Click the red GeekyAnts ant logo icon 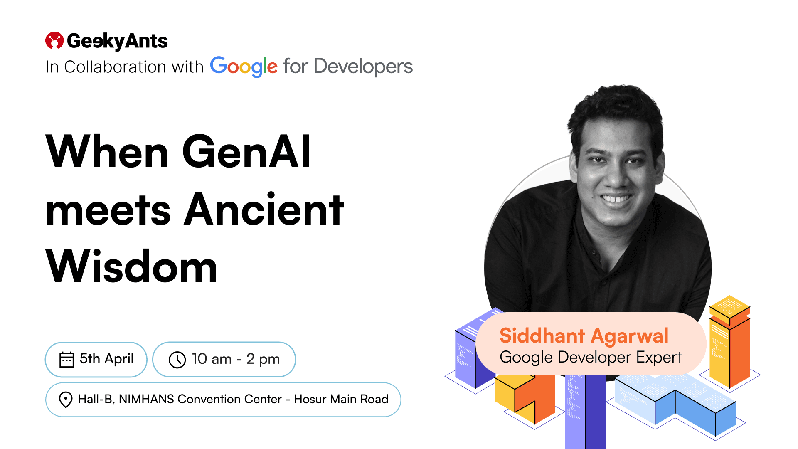[x=54, y=40]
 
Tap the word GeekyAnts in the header [x=117, y=41]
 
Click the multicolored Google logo [x=244, y=67]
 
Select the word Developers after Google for [x=363, y=67]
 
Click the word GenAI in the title [x=246, y=152]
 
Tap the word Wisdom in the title [x=131, y=266]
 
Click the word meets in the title [x=108, y=211]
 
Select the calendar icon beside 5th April [x=66, y=359]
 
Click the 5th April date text [x=107, y=358]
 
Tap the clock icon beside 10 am [x=177, y=360]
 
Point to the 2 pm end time [x=263, y=359]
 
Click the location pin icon [x=66, y=400]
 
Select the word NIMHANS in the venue [x=146, y=399]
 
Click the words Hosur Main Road [x=341, y=399]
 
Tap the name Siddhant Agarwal [x=584, y=336]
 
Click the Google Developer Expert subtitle [x=591, y=358]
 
